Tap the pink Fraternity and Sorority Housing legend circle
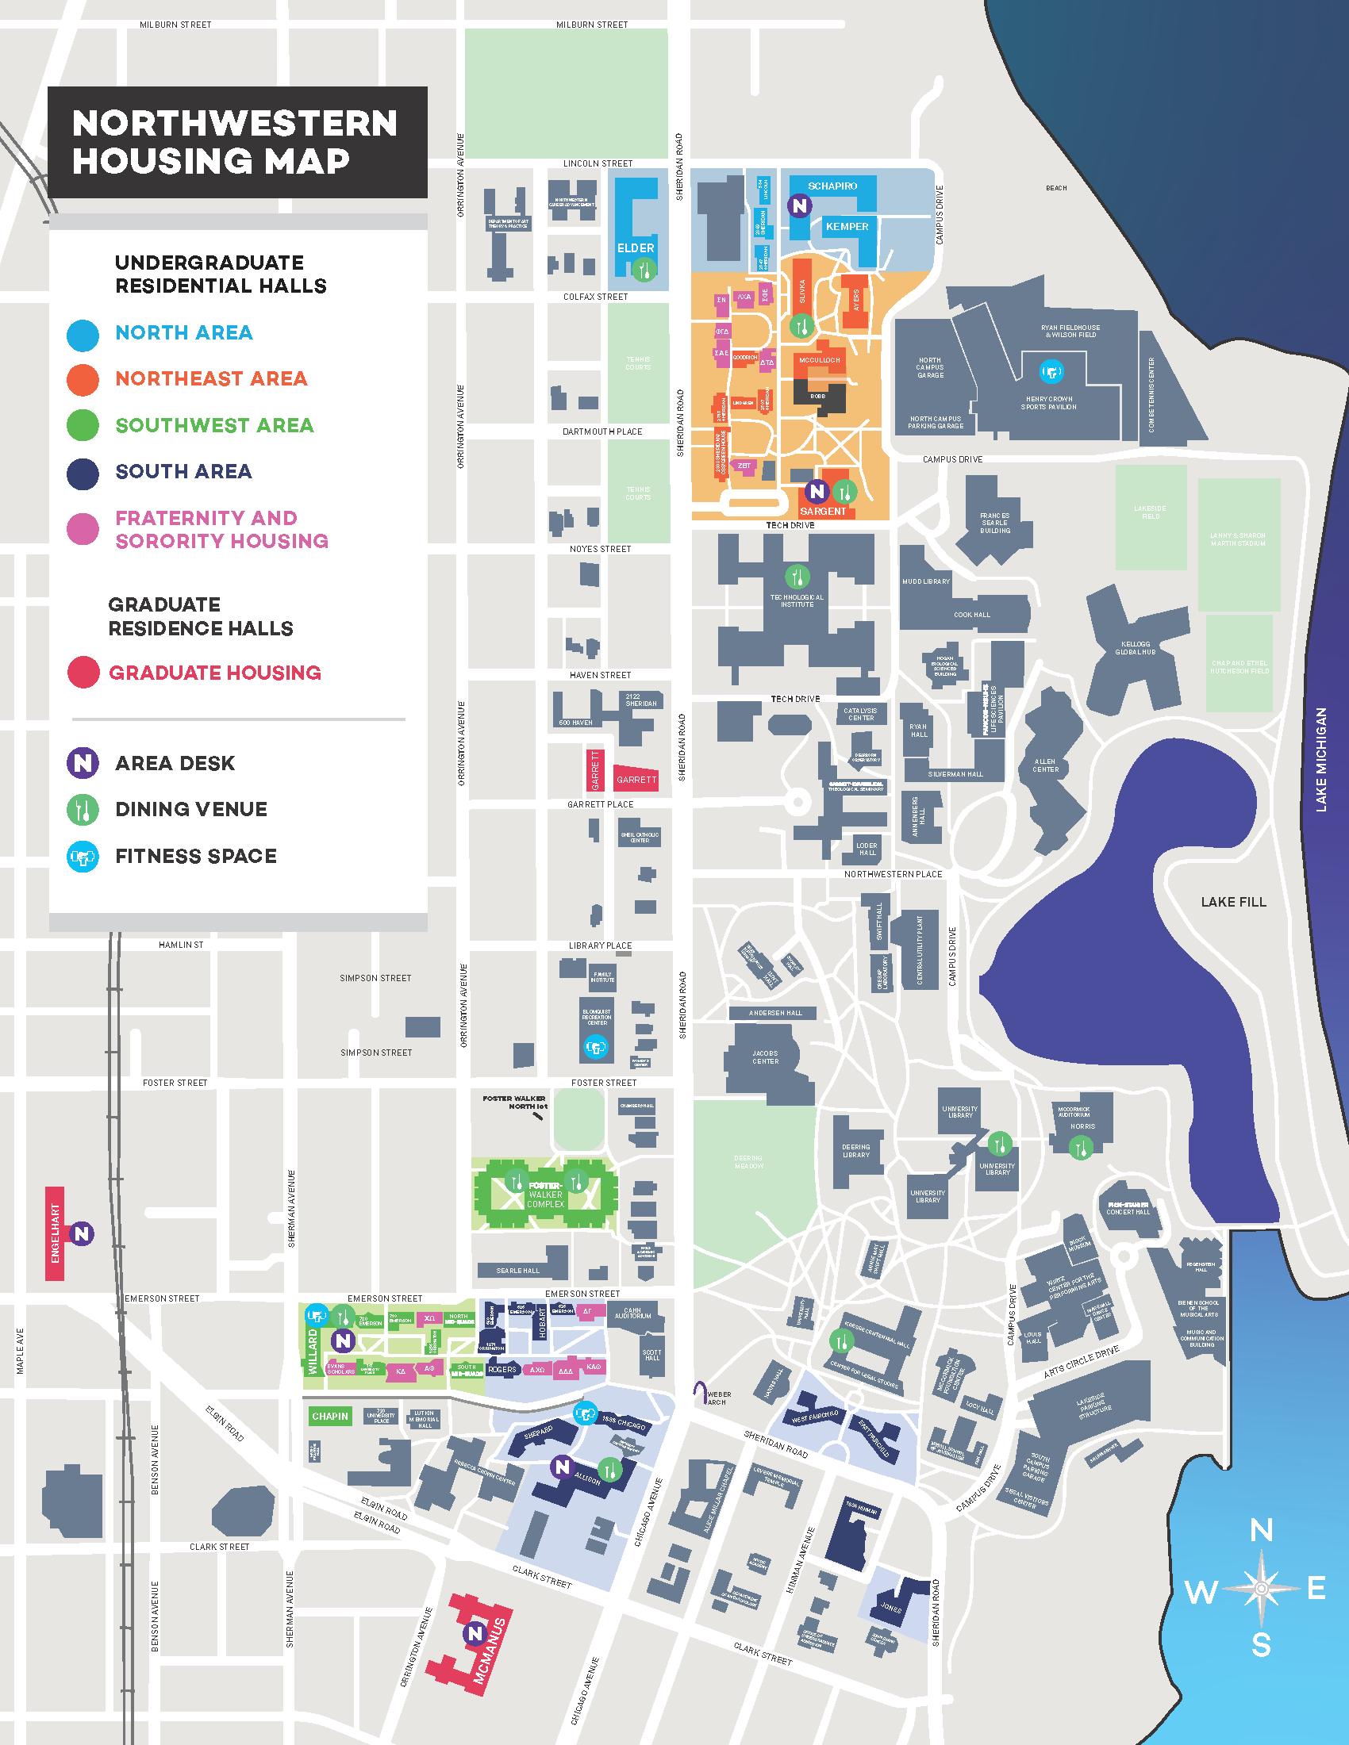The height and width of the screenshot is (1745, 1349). pos(83,529)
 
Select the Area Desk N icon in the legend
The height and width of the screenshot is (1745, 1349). pos(83,763)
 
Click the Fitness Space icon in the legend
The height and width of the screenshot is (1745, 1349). pos(83,857)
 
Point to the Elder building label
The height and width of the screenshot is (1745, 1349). pos(636,248)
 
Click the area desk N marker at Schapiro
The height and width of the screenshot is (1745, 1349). pos(799,205)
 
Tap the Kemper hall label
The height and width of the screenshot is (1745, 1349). pos(847,227)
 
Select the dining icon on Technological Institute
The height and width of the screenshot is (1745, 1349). pos(797,576)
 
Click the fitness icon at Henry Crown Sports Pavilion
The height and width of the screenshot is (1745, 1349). pos(1051,371)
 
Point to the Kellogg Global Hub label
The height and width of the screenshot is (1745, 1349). pos(1135,648)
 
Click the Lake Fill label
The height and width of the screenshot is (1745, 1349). pos(1233,902)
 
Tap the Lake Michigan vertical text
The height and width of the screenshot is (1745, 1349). pos(1321,760)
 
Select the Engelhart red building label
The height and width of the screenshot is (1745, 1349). pos(55,1233)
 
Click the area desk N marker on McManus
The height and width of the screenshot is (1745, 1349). pos(475,1633)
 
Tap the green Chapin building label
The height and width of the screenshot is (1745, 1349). pos(330,1417)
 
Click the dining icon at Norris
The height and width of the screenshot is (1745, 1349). pos(1081,1149)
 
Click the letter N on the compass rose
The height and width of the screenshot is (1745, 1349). pos(1261,1531)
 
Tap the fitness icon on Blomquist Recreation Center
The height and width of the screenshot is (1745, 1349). pos(595,1047)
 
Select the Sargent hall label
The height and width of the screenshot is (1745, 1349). pos(822,512)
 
